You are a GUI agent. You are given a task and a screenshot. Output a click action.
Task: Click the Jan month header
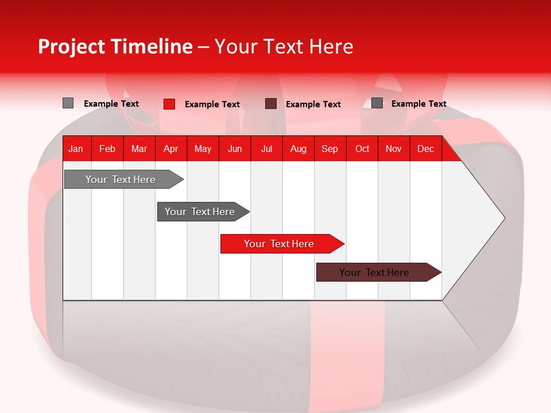76,149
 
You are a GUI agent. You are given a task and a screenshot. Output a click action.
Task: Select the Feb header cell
107,149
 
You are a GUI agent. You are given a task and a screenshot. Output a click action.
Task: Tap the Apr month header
170,149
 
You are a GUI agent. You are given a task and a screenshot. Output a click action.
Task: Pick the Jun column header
235,149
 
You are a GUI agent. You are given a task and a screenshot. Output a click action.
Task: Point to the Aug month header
298,149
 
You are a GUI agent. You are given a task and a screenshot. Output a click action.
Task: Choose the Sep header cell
329,149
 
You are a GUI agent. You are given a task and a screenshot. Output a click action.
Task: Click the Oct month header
362,149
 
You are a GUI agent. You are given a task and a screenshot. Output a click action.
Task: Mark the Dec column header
425,149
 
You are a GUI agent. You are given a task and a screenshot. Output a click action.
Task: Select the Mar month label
139,149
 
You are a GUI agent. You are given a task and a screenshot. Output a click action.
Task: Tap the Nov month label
394,149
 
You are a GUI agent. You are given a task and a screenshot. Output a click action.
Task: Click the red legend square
169,104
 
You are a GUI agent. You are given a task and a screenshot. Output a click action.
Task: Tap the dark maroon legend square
271,103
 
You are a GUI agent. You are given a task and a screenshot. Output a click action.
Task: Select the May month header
203,149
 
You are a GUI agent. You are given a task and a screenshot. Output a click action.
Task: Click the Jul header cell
266,149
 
